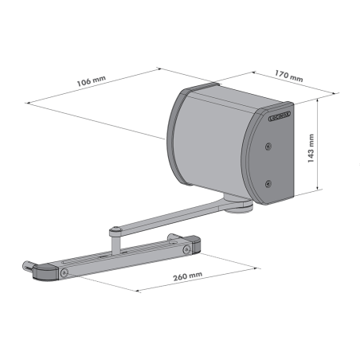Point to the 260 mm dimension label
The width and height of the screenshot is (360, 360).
(186, 275)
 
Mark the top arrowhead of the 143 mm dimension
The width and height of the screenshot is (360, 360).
(319, 100)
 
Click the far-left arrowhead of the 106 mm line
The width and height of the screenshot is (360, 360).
(29, 102)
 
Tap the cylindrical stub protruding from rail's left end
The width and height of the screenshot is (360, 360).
(29, 264)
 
